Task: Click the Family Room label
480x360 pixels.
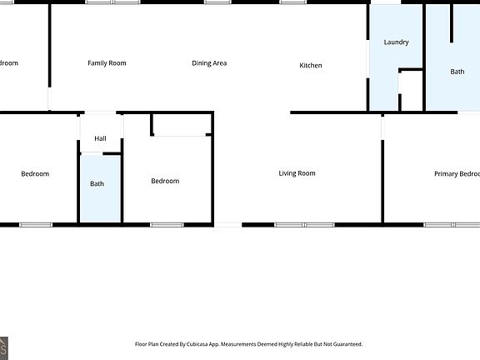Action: click(107, 63)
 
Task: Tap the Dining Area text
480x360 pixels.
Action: click(209, 63)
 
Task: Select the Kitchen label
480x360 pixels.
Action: click(311, 66)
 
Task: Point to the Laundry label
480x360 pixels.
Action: click(396, 42)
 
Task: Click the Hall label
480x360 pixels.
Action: click(100, 139)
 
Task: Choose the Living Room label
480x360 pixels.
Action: click(297, 173)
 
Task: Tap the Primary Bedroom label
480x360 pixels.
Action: click(457, 174)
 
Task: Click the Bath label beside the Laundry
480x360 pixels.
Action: click(457, 72)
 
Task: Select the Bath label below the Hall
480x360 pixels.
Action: click(97, 183)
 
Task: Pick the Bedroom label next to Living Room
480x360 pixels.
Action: click(165, 181)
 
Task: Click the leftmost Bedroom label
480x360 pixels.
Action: click(35, 174)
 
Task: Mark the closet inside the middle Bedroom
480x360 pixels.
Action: click(181, 124)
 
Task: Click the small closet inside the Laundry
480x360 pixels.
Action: click(411, 92)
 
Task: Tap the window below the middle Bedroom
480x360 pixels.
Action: click(167, 224)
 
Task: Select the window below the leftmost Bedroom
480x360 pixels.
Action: click(36, 224)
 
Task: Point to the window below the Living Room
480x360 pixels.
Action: click(304, 224)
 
